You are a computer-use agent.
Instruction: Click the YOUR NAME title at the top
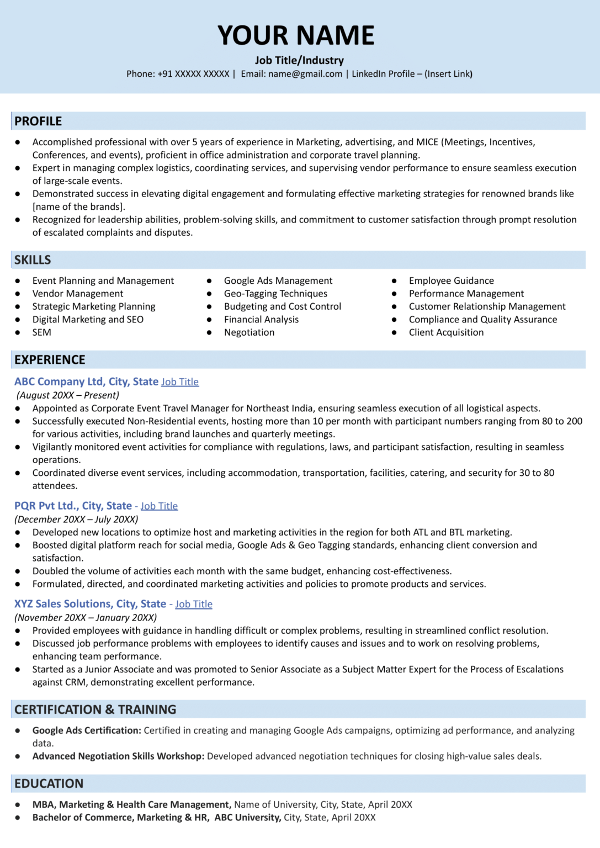click(x=296, y=35)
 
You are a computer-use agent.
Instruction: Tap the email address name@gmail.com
click(x=305, y=74)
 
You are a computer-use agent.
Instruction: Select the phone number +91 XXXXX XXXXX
click(x=193, y=74)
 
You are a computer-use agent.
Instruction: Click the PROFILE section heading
click(x=38, y=121)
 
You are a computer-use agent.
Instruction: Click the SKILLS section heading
click(x=33, y=260)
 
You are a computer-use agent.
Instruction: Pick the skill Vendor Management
click(x=78, y=294)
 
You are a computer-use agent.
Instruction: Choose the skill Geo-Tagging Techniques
click(x=275, y=294)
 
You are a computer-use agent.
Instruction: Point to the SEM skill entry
click(x=42, y=332)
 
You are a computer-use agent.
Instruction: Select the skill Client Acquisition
click(x=446, y=332)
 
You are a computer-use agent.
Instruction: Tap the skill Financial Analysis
click(x=261, y=320)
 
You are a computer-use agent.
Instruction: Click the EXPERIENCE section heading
click(x=50, y=360)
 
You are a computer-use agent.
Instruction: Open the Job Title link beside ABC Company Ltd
click(x=180, y=382)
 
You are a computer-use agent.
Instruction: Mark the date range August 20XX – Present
click(x=68, y=395)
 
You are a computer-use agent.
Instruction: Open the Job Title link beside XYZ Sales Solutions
click(x=194, y=605)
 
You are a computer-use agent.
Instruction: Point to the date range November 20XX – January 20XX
click(x=86, y=618)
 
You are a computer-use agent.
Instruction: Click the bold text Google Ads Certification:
click(x=87, y=730)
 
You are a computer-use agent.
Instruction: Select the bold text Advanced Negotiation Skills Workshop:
click(x=118, y=756)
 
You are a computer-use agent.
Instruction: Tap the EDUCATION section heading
click(x=49, y=784)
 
